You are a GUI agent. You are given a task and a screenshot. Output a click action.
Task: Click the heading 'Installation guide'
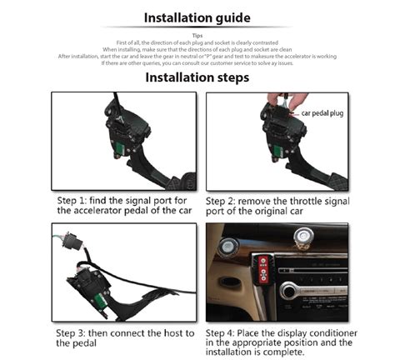point(197,17)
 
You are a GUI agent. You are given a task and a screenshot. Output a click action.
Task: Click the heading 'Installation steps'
point(197,77)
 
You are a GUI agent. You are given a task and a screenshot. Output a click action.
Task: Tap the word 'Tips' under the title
point(197,35)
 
